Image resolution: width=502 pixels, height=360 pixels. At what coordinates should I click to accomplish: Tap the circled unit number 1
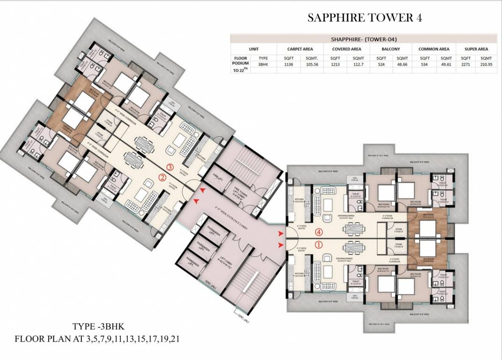tap(319, 244)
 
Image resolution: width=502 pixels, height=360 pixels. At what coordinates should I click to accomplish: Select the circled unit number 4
tap(319, 232)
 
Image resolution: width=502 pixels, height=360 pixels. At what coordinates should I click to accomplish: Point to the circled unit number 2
tap(162, 177)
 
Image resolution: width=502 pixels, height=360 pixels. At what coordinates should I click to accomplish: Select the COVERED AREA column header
tap(346, 49)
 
